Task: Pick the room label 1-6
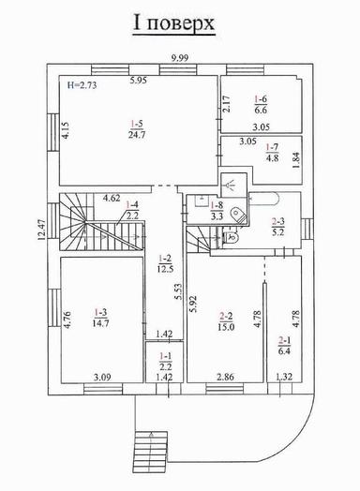[262, 98]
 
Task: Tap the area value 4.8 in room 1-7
[272, 157]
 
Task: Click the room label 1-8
[217, 203]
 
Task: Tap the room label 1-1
[165, 356]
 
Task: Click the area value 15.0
[225, 327]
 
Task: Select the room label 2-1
[285, 340]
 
